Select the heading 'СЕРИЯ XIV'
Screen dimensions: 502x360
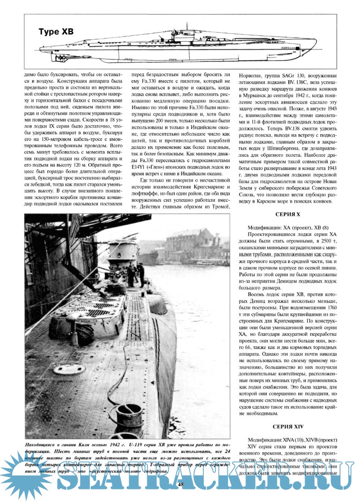point(288,426)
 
